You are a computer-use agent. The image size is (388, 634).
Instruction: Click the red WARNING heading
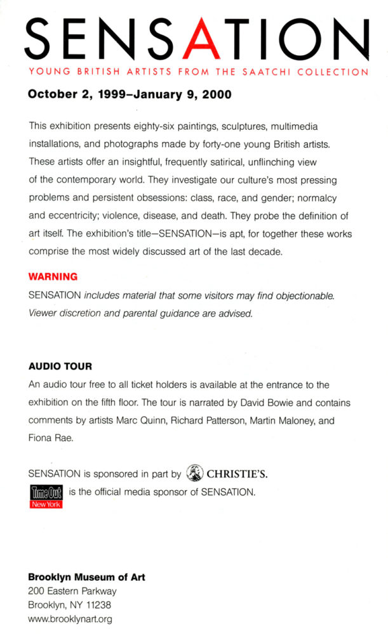[x=53, y=276]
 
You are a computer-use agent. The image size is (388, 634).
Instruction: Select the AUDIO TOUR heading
[x=60, y=366]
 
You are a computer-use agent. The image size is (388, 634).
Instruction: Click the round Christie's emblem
[x=195, y=473]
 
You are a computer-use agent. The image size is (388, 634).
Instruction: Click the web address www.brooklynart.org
[x=70, y=619]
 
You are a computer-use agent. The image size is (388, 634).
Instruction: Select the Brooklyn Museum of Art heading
[x=86, y=578]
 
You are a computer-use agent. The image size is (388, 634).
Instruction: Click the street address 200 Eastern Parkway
[x=72, y=592]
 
